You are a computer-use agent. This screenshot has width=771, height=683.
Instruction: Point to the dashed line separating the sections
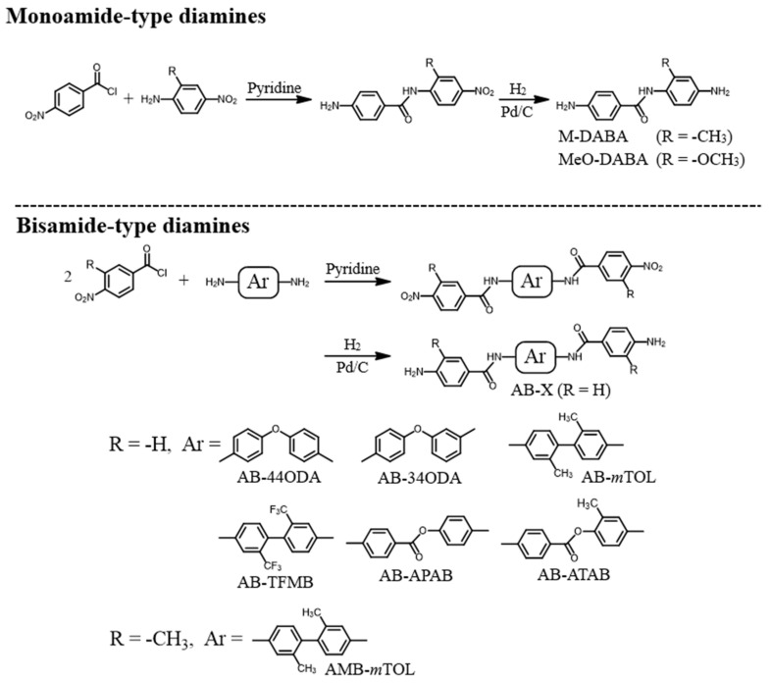[x=385, y=204]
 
